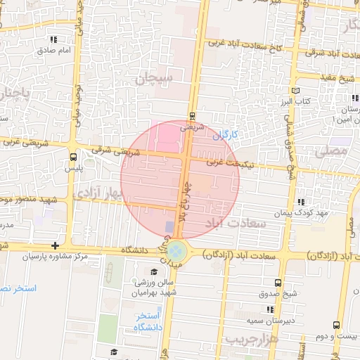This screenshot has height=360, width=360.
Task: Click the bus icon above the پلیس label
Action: tap(73, 157)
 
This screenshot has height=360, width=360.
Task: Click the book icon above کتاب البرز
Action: tap(295, 91)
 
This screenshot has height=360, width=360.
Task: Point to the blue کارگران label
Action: tap(226, 133)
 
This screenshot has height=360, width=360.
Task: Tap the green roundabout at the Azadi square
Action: tap(177, 251)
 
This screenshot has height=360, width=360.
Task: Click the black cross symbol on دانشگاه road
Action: tap(56, 245)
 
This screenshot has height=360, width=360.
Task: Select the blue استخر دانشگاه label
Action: tap(149, 321)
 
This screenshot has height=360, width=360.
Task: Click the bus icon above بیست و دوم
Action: tap(336, 325)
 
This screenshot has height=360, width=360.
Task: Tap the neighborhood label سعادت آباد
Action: tap(236, 223)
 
